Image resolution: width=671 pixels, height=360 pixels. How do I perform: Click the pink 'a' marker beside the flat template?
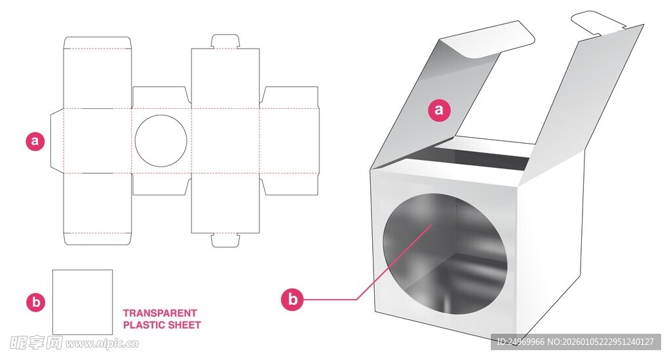click(35, 141)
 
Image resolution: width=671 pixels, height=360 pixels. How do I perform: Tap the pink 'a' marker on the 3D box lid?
click(438, 110)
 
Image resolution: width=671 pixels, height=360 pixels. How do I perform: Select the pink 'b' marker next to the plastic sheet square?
click(36, 302)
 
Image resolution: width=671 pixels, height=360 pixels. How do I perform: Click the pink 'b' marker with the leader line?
click(292, 299)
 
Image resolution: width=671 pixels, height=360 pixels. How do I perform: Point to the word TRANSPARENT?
click(160, 313)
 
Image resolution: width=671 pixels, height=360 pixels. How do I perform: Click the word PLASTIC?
click(140, 325)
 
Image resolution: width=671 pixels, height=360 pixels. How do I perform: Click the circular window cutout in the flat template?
click(161, 140)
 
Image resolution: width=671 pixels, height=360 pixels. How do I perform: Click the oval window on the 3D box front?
click(445, 254)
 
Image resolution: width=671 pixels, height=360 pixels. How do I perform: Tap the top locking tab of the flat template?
click(225, 41)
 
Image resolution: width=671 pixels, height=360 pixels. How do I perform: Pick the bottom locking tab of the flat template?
click(225, 240)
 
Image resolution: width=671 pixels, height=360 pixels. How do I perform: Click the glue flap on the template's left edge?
click(57, 141)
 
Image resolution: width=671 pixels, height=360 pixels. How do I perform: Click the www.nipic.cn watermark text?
click(102, 344)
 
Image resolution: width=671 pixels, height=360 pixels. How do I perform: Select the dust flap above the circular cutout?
click(161, 98)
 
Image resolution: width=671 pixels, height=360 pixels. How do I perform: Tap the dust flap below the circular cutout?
click(161, 184)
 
